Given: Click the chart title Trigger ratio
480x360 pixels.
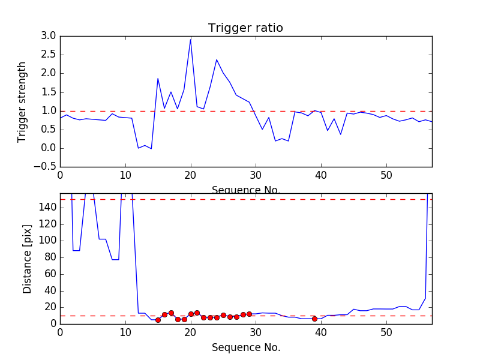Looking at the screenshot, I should click(245, 28).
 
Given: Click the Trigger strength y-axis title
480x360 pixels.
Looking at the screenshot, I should click(22, 101).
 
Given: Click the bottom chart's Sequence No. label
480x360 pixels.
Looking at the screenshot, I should click(245, 347).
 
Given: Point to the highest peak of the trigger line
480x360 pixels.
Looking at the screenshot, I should click(191, 39).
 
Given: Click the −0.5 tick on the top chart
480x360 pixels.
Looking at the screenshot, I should click(46, 167).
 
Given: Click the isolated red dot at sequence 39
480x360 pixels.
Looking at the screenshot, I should click(314, 319).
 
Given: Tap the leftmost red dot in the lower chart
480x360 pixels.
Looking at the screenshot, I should click(158, 320).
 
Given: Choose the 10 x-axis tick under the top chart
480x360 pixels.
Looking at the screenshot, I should click(125, 176).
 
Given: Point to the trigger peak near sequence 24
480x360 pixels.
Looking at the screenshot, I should click(217, 59).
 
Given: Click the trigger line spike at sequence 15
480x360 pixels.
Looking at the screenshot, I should click(158, 79).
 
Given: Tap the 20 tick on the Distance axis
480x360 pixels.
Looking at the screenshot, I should click(50, 307).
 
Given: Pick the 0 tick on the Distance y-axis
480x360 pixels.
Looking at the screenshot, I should click(53, 324).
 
